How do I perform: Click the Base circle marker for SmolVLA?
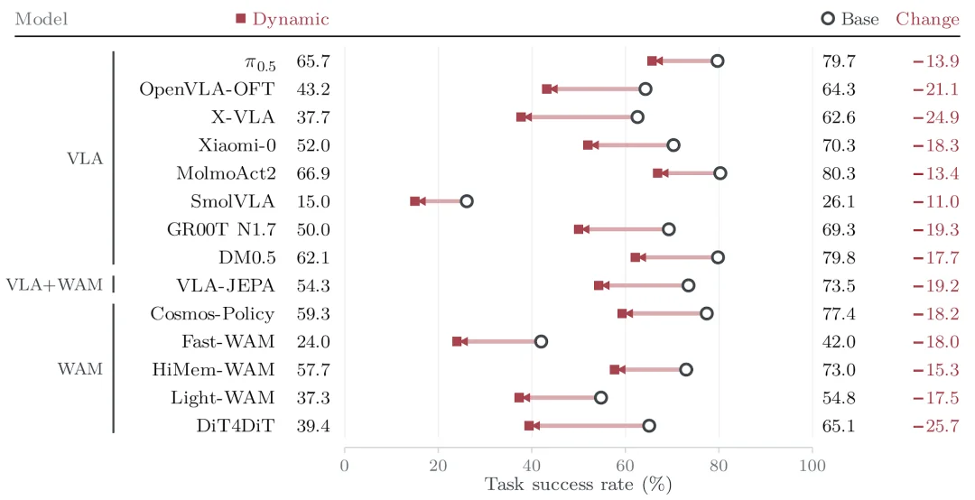point(467,201)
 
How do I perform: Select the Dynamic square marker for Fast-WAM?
point(457,341)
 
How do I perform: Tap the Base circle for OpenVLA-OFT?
point(645,89)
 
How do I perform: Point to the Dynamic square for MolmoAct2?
point(658,173)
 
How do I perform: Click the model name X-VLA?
point(243,117)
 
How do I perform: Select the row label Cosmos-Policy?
point(213,313)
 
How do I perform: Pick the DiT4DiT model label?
point(236,425)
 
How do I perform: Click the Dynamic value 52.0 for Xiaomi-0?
point(313,145)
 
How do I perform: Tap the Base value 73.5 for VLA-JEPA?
point(839,285)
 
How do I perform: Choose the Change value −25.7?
point(936,425)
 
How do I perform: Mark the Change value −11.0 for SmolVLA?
point(936,201)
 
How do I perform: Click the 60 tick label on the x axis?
point(626,466)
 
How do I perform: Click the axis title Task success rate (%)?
point(579,485)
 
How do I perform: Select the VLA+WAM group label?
point(55,285)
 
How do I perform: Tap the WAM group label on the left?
point(80,369)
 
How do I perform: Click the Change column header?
point(928,19)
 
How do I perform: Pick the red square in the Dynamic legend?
point(241,19)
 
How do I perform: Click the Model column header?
point(41,19)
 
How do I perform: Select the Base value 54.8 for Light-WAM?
point(839,397)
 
